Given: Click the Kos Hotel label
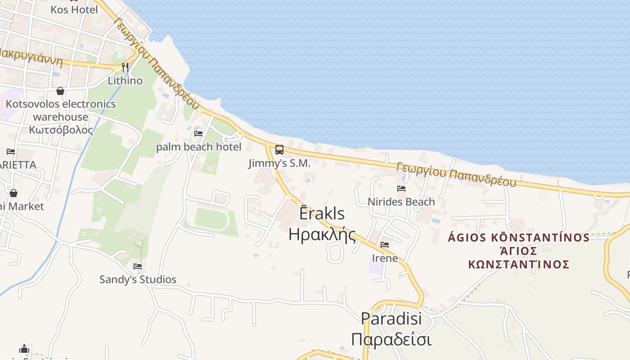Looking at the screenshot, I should coord(74,9).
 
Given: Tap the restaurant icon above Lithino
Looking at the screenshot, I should coord(125,67).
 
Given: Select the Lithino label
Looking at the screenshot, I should coord(125,81).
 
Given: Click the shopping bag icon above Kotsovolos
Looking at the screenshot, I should coord(60,91).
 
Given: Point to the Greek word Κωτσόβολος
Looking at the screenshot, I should coord(61,130).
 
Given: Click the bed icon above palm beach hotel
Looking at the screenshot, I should coord(198,134).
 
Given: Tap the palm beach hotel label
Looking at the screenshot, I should coord(198,147).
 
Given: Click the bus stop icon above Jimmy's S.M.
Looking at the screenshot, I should coord(279,150).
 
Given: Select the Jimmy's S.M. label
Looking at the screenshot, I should coord(279,163).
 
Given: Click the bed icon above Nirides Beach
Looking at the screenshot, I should coord(401,189).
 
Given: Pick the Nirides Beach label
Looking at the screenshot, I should coord(401,202).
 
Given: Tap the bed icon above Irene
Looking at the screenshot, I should coord(385,245).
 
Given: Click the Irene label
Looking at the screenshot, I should coord(385,258).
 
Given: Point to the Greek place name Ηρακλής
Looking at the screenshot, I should coord(322,234).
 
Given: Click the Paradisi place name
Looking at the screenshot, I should coord(391,319).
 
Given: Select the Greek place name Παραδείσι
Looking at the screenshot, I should coord(391,339).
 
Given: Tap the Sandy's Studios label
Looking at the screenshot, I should coord(138,279).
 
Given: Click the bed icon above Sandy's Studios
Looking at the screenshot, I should coord(138,266).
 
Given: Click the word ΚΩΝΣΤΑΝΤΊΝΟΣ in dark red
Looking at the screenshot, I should coord(519,264).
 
